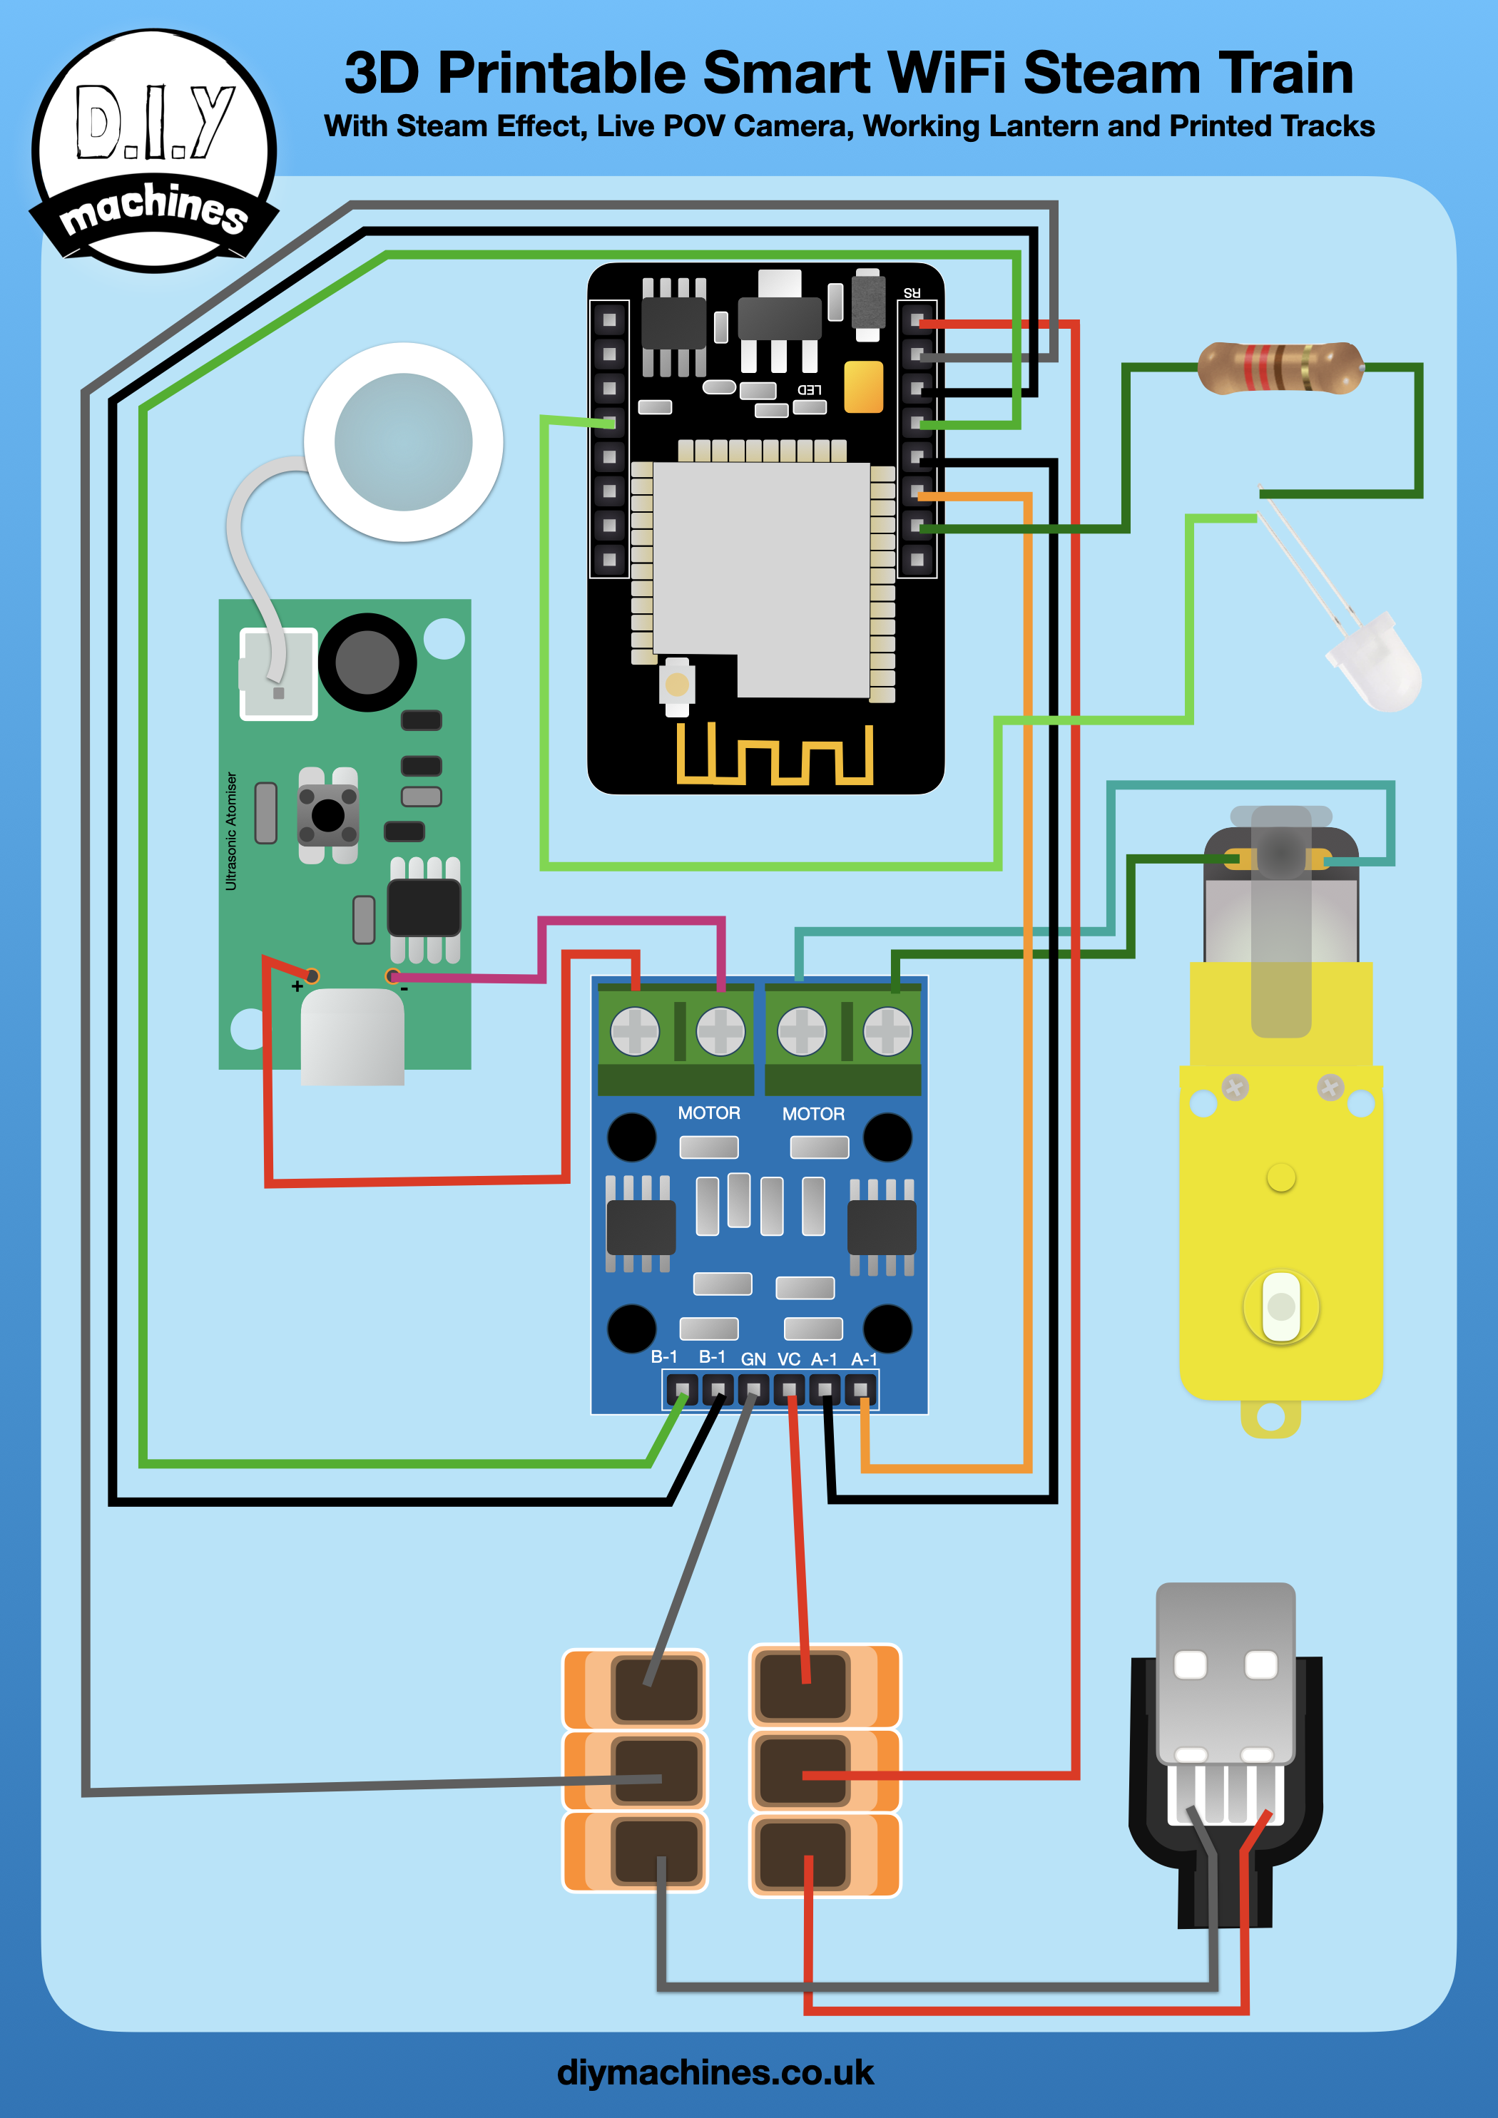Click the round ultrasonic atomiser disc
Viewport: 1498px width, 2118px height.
click(403, 442)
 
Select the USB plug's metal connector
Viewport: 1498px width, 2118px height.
click(1225, 1669)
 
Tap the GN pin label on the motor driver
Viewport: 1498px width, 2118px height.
click(753, 1359)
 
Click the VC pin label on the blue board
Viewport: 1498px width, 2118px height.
click(788, 1359)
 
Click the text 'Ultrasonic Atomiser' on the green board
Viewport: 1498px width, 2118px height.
click(230, 831)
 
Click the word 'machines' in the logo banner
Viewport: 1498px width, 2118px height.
click(153, 208)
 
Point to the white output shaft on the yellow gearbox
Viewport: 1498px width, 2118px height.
click(1280, 1306)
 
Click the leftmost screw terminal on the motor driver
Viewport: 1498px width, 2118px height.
click(635, 1030)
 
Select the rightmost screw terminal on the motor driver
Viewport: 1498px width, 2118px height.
click(887, 1030)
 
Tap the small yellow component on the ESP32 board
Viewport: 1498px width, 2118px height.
click(863, 387)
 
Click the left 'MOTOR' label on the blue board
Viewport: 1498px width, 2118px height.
click(709, 1112)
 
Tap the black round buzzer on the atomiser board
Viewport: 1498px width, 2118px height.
click(367, 661)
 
